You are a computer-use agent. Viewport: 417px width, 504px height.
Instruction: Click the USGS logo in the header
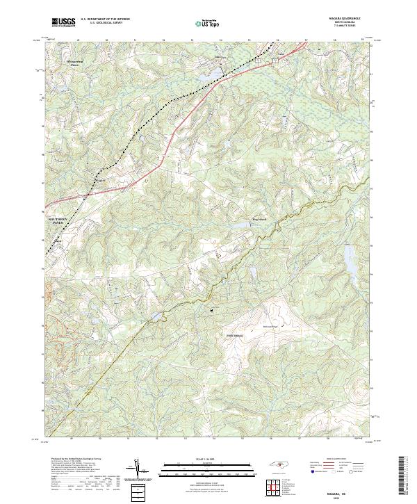pos(63,23)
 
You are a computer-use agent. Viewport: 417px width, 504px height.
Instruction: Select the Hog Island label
pos(259,220)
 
